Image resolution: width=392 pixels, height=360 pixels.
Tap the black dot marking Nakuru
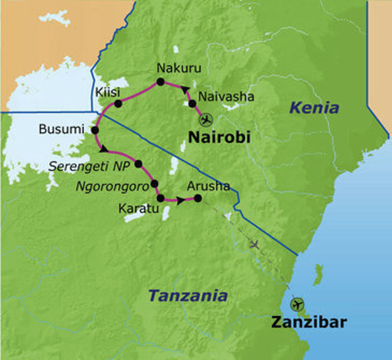point(160,82)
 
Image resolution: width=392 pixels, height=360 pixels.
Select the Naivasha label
point(226,97)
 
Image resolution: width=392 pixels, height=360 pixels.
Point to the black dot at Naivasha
point(192,103)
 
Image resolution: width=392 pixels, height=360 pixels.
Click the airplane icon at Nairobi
point(206,120)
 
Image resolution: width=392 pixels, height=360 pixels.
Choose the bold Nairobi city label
point(219,137)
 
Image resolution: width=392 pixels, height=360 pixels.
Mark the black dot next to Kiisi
point(118,103)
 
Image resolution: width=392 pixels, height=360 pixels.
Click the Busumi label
point(61,129)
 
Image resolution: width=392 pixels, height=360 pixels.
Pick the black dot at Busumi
point(95,130)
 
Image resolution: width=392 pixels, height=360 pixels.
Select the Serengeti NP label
point(90,166)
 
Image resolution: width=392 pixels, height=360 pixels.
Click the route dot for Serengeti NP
point(138,164)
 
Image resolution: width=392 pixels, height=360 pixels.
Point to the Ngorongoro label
point(112,187)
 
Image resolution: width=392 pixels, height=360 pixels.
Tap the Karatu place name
point(139,209)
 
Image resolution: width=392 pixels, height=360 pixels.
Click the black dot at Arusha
point(198,198)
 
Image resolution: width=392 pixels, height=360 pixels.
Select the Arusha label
point(208,186)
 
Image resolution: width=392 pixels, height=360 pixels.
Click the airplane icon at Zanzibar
point(296,304)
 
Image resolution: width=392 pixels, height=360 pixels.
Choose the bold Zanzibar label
point(309,322)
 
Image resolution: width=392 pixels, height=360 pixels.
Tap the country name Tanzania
point(188,295)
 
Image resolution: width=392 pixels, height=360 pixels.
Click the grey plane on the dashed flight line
point(254,244)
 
